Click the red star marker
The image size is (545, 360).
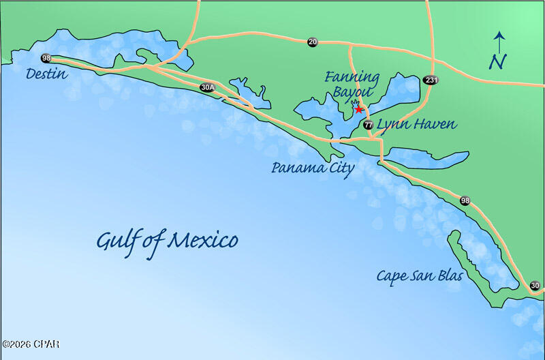coord(358,109)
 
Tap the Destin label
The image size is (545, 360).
coord(46,74)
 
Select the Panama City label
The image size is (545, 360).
coord(313,168)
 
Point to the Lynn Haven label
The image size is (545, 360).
coord(416,125)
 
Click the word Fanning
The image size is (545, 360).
coord(352,76)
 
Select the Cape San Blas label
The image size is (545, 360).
coord(420,276)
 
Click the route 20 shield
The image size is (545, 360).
coord(312,42)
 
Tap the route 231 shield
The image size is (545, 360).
coord(430,80)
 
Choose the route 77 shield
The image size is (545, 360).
coord(368,125)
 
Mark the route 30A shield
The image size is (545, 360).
coord(208,87)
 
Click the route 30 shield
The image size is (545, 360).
coord(535,286)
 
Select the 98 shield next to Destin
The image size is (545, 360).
coord(46,59)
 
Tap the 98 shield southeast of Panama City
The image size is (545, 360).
coord(465,200)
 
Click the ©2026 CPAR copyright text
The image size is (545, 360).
coord(30,344)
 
